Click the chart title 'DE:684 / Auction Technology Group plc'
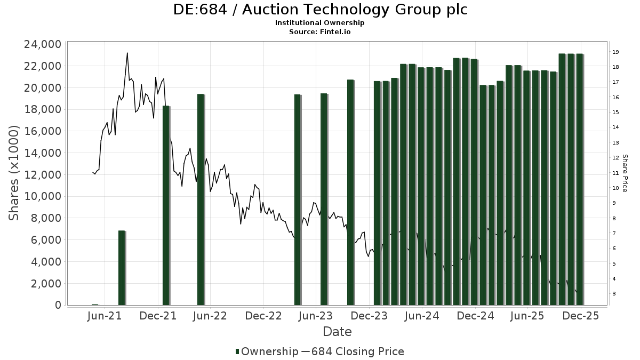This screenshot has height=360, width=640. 320,10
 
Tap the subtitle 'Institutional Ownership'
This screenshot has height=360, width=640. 320,23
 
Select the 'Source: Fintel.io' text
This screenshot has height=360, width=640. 320,31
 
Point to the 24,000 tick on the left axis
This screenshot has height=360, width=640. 42,44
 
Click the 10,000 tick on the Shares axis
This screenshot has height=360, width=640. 42,196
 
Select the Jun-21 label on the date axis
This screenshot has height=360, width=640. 106,316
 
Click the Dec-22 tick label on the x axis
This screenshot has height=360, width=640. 263,316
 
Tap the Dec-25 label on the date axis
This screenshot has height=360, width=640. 580,316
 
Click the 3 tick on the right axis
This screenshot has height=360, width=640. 615,294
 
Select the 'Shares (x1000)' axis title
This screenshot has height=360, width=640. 14,173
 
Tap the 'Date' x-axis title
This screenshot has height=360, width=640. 337,332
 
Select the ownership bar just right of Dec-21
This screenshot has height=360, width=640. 166,205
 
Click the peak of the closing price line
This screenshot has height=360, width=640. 127,53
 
